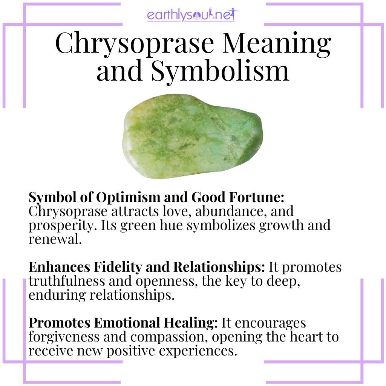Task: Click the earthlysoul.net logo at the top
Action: pyautogui.click(x=193, y=15)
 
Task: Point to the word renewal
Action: pyautogui.click(x=55, y=238)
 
